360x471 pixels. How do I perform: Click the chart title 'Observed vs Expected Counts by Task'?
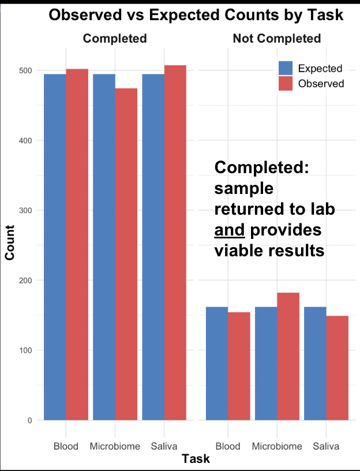click(196, 15)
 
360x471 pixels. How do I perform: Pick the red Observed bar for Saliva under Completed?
click(175, 242)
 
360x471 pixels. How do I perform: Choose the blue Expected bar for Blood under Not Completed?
click(217, 363)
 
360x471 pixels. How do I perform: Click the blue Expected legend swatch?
click(286, 68)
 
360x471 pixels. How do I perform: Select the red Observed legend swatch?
click(286, 83)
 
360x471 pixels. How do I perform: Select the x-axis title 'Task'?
click(196, 459)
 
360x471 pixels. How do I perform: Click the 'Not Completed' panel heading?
click(276, 39)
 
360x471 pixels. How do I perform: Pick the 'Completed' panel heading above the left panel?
click(115, 39)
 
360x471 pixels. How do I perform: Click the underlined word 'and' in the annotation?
click(230, 230)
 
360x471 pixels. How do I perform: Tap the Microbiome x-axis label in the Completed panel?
click(115, 446)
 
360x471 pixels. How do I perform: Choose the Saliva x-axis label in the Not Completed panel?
click(326, 446)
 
